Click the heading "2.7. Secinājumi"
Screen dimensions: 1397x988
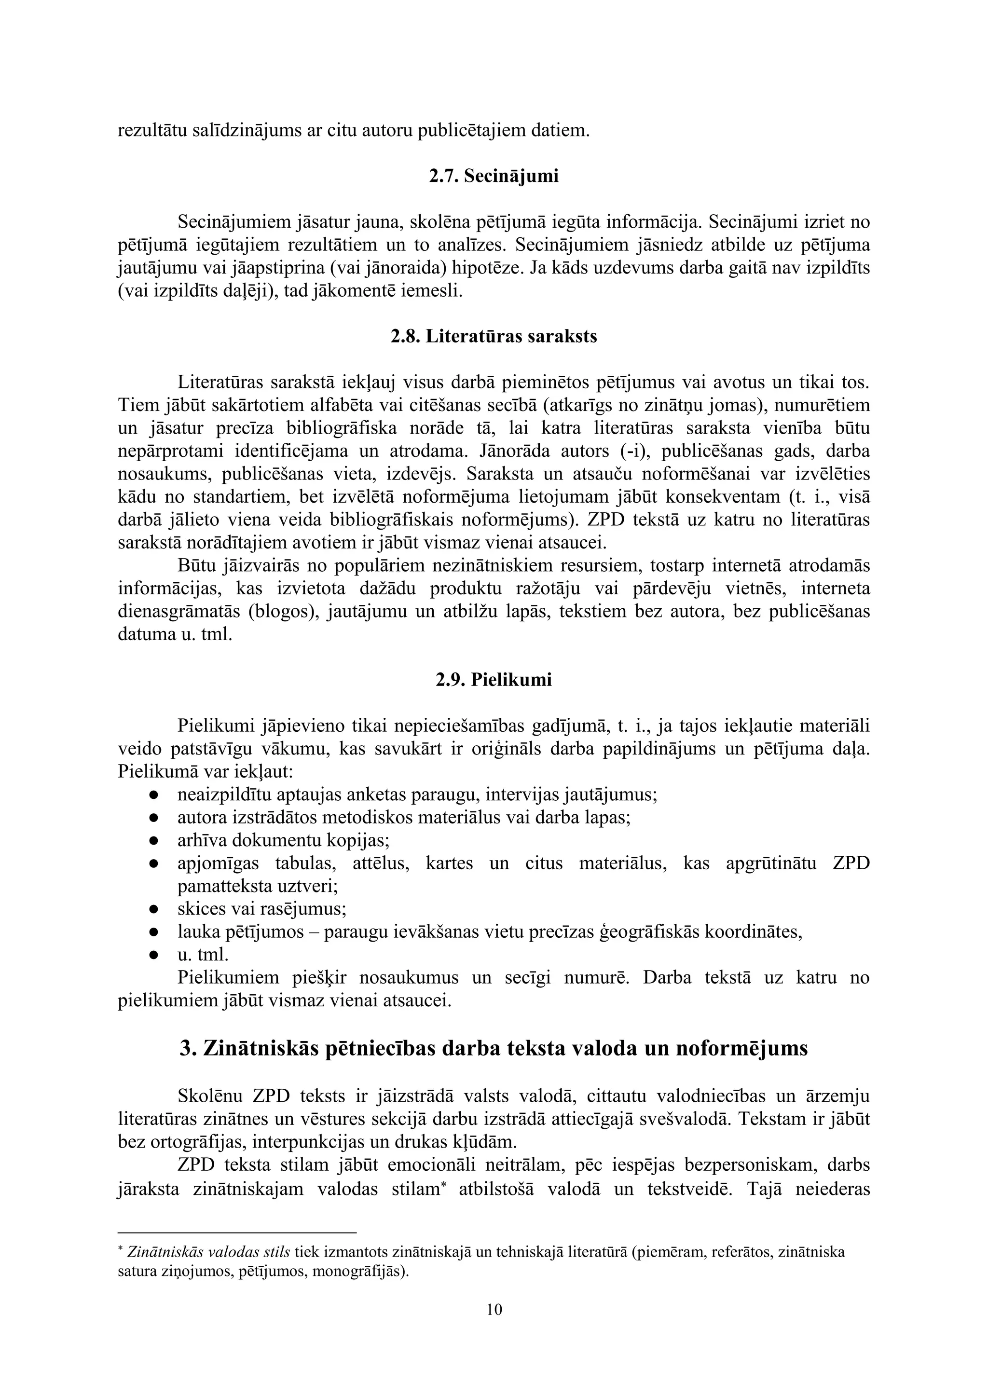[494, 177]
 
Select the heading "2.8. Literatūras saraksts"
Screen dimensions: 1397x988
[494, 337]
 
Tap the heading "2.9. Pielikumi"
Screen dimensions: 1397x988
[494, 679]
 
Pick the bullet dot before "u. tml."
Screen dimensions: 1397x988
[154, 955]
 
